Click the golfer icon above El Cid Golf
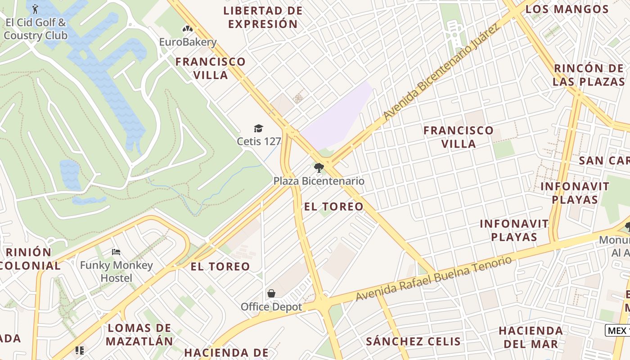click(35, 9)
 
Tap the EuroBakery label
click(188, 42)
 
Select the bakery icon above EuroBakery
click(188, 29)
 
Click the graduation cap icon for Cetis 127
click(258, 129)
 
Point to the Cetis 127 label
click(259, 141)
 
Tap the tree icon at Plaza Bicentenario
click(319, 168)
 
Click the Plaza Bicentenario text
click(319, 181)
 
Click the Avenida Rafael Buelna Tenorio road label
click(434, 279)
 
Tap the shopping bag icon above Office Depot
click(271, 294)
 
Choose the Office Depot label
click(271, 307)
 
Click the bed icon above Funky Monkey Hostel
click(116, 252)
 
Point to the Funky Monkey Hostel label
click(116, 271)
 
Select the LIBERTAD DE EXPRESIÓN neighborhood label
click(263, 17)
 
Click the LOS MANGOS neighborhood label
click(567, 9)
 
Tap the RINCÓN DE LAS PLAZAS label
click(589, 75)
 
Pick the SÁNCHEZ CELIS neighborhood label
click(413, 341)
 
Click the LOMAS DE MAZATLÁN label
click(139, 334)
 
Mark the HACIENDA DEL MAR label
click(531, 337)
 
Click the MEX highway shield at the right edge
click(617, 330)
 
